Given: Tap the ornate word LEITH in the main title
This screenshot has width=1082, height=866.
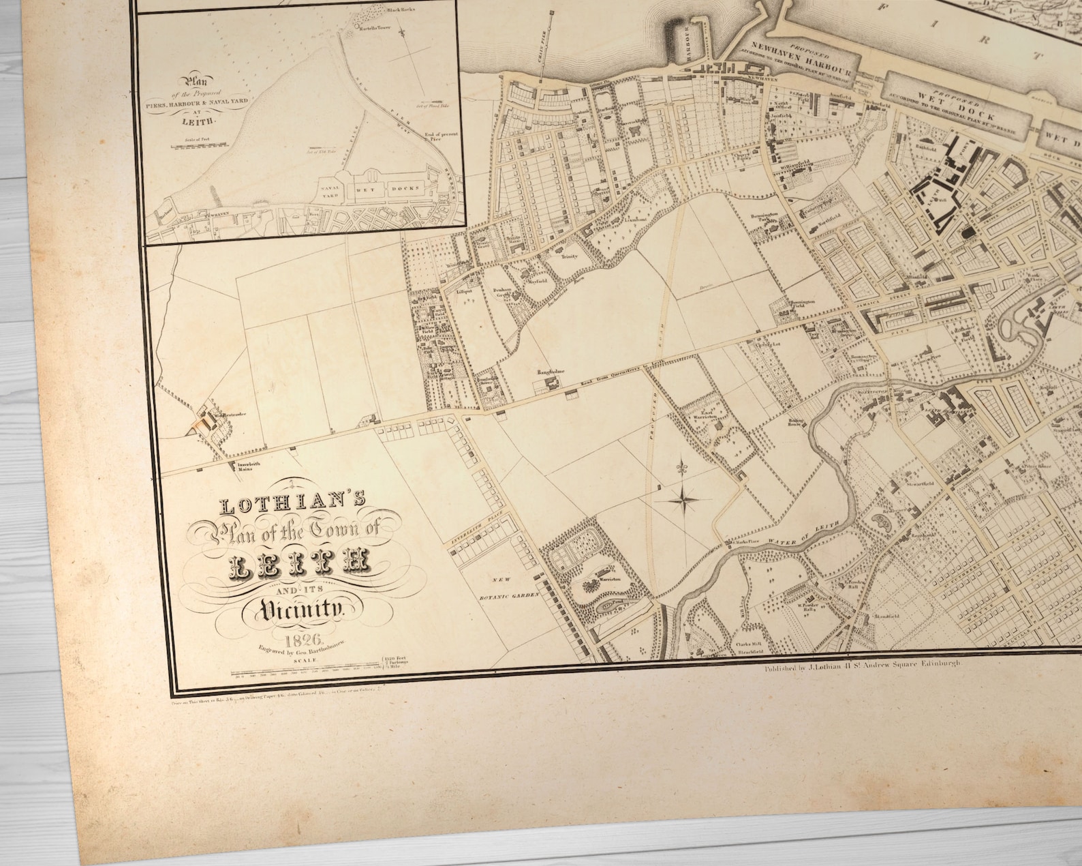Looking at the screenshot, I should [x=300, y=563].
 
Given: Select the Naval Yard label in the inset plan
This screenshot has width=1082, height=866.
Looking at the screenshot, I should [x=330, y=188].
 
